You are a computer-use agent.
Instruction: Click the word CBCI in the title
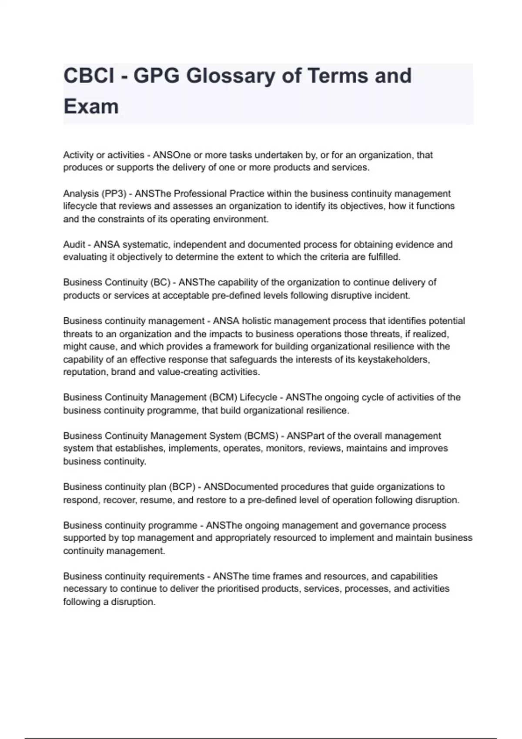click(x=89, y=76)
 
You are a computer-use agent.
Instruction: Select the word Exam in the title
click(x=91, y=107)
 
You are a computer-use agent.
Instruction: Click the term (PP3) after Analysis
click(x=114, y=193)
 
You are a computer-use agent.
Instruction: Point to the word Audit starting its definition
click(x=74, y=244)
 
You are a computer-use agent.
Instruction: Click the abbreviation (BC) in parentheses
click(x=160, y=283)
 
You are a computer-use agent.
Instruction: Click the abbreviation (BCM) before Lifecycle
click(x=223, y=397)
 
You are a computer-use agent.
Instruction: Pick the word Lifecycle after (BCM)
click(x=258, y=397)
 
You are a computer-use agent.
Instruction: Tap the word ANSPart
click(x=303, y=436)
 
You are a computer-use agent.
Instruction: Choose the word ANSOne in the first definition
click(x=172, y=155)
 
